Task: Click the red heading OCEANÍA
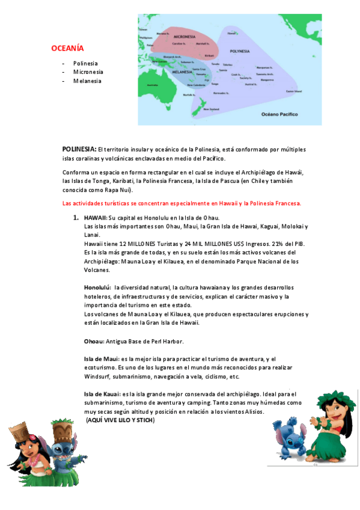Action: [x=67, y=48]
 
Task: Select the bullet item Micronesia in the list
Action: [x=88, y=72]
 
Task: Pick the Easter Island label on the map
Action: [x=293, y=91]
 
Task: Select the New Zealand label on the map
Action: [x=211, y=109]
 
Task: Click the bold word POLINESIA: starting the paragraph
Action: [x=79, y=149]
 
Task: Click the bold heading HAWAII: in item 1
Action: [x=96, y=217]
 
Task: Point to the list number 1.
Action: [x=76, y=217]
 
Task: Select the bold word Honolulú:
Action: [x=97, y=288]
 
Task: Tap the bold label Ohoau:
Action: [x=94, y=341]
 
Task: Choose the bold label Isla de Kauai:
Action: [x=102, y=394]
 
